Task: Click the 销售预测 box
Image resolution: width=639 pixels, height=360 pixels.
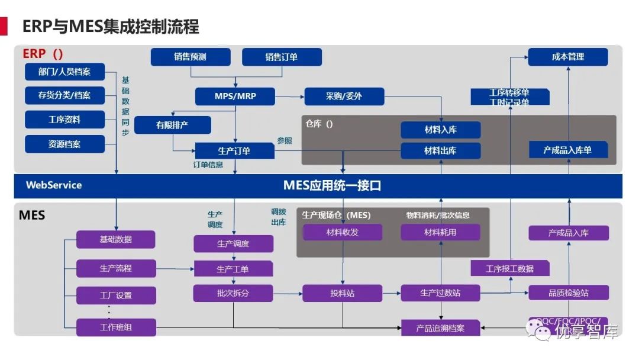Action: [x=191, y=57]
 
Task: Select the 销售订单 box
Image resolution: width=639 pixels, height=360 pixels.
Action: [x=282, y=57]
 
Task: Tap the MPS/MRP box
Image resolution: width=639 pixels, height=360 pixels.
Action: [x=235, y=96]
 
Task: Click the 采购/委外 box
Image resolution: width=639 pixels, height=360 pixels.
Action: [x=344, y=96]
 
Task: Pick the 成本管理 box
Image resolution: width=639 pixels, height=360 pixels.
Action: [x=567, y=57]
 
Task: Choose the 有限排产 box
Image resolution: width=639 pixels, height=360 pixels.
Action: [x=173, y=125]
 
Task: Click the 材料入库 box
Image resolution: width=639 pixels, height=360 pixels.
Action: [x=440, y=130]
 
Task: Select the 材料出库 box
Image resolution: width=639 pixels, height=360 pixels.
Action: [x=440, y=150]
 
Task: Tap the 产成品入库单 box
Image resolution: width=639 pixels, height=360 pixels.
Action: [x=567, y=150]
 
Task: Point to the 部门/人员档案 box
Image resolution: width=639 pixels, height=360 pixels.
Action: [x=64, y=72]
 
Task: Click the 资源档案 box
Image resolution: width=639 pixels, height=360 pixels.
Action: [x=64, y=144]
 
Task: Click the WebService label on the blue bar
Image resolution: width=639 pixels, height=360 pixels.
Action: [x=54, y=185]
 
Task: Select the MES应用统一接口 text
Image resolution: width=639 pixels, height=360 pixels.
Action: [x=332, y=185]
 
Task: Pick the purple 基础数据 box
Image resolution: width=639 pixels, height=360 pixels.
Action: [x=115, y=239]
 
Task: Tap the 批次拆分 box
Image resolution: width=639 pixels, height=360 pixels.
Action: [x=233, y=292]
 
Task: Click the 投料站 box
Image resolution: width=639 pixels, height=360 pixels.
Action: [x=342, y=293]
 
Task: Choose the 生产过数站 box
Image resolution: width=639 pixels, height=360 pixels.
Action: [x=440, y=292]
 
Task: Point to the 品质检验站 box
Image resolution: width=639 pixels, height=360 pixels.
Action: [x=567, y=292]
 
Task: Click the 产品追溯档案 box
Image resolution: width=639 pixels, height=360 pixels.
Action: [x=440, y=328]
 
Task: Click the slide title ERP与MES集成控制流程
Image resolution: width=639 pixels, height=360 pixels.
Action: [x=111, y=26]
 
